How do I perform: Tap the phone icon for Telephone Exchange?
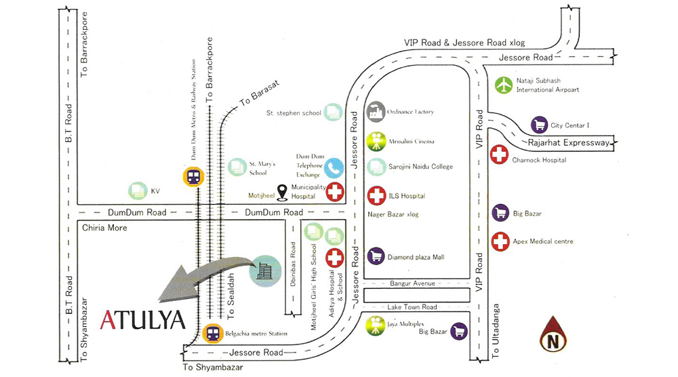334,167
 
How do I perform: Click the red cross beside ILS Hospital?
376,196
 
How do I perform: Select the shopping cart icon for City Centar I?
539,125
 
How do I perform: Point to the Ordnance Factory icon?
376,112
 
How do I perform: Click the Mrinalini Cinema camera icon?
376,142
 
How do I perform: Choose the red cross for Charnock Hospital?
500,155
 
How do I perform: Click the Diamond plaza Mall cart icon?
376,256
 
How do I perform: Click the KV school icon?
138,191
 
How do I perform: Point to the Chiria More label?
104,228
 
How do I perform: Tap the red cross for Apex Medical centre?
500,241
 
